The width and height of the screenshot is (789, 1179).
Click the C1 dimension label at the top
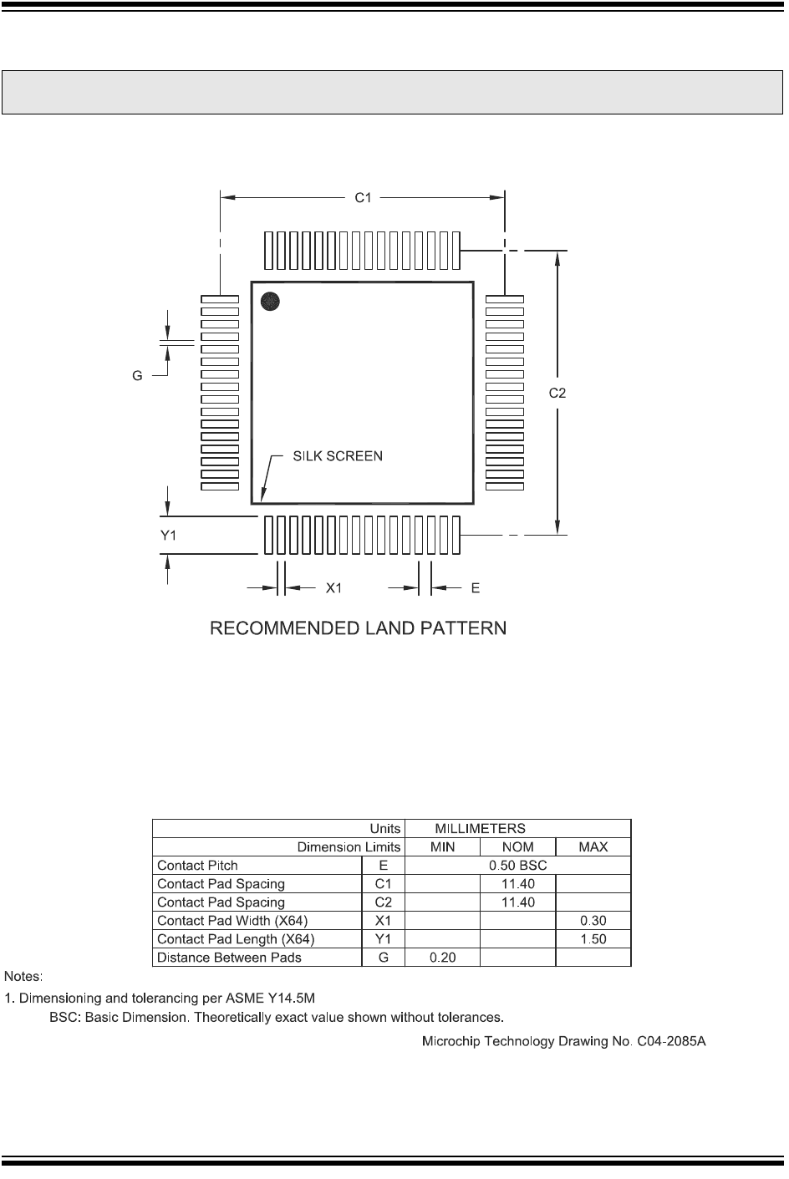363,197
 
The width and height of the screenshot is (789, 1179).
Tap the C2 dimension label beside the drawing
557,393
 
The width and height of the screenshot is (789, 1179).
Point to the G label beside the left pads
137,376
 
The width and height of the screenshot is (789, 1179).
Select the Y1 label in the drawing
169,536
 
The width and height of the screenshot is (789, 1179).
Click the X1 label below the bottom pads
334,588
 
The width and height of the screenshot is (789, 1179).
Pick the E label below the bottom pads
475,588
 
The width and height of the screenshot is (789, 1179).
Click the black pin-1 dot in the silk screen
270,301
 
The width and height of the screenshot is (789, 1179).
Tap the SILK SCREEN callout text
338,456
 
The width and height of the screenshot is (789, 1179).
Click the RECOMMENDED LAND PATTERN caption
358,628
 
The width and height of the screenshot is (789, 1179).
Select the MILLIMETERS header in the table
480,829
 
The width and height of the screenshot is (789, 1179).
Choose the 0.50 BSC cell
517,866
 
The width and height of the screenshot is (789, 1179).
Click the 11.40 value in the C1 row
517,884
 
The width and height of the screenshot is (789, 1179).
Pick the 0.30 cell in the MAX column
593,921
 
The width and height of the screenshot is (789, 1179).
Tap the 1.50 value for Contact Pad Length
593,939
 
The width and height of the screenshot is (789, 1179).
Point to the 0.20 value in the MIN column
442,958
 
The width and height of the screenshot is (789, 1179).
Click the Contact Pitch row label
197,866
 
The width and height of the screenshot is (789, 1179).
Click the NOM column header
517,847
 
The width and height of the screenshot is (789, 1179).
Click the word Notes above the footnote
24,976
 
